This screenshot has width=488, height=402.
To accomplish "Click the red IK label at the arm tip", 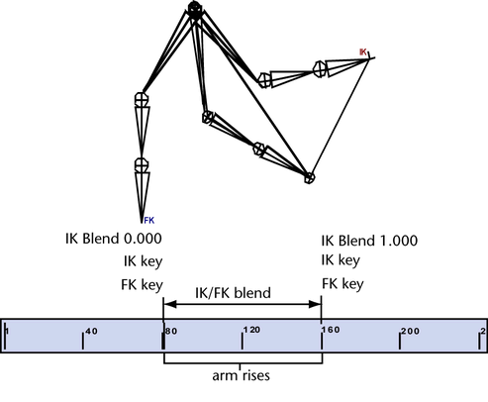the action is (362, 51).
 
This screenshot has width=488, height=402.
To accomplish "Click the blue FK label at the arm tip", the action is (149, 220).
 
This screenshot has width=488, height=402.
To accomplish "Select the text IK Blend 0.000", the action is (114, 239).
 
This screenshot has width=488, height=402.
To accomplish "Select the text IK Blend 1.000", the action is (369, 241).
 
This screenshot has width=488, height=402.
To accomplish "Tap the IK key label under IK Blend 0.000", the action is (143, 261).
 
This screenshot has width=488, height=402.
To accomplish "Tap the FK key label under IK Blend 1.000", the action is (342, 284).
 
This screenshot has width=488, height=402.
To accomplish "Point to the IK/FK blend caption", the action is (233, 293).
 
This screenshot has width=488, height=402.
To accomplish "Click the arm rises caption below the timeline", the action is (241, 375).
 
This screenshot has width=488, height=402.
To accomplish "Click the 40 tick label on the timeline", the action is (91, 331).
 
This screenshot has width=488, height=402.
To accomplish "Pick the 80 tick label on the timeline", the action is (171, 331).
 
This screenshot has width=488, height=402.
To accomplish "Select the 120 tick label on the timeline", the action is (252, 330).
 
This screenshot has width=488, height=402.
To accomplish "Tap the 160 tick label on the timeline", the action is (331, 330).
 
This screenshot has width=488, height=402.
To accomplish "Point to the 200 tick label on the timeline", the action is (410, 331).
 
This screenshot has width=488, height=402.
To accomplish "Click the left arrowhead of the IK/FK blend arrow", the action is (170, 304).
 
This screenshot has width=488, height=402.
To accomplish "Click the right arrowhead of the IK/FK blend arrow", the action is (315, 304).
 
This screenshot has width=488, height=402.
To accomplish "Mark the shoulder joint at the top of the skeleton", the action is (195, 10).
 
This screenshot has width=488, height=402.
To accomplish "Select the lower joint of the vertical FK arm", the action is (142, 164).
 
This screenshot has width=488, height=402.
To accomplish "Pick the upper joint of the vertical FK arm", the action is (142, 99).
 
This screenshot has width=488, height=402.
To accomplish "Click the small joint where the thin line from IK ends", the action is (309, 178).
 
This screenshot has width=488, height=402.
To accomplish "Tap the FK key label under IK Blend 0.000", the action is (142, 285).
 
